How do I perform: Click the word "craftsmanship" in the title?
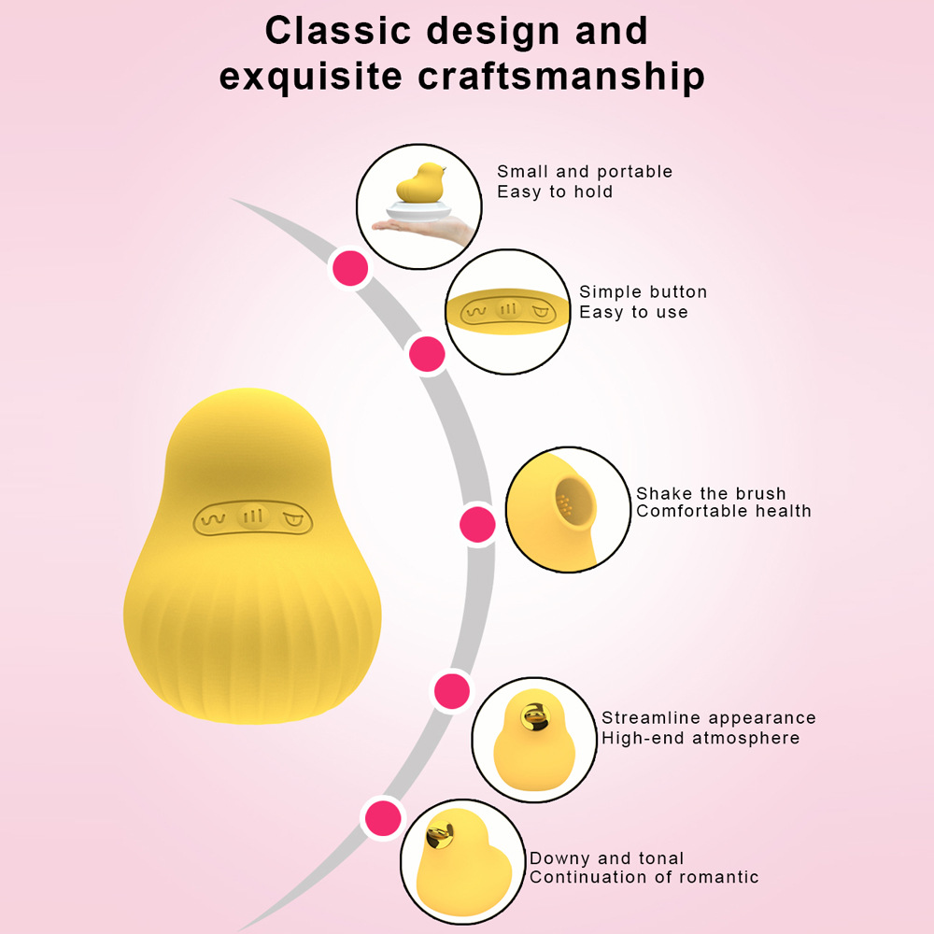(x=561, y=77)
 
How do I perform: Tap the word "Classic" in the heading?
(x=338, y=31)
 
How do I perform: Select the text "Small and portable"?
(x=585, y=172)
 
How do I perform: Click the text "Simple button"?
(x=644, y=291)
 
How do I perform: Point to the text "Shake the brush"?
(x=711, y=493)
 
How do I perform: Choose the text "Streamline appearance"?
(x=709, y=717)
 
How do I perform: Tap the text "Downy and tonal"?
(x=606, y=858)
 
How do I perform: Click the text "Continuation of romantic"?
(x=644, y=877)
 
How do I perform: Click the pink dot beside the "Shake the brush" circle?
(x=477, y=524)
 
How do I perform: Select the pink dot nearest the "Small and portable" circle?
(x=350, y=268)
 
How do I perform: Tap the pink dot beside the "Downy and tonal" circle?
(x=384, y=818)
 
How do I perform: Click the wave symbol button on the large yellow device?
(x=213, y=518)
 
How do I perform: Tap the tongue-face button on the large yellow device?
(x=292, y=518)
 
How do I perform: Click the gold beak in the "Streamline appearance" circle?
(x=534, y=716)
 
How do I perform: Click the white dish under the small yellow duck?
(x=418, y=210)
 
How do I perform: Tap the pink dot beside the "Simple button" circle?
(x=427, y=354)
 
